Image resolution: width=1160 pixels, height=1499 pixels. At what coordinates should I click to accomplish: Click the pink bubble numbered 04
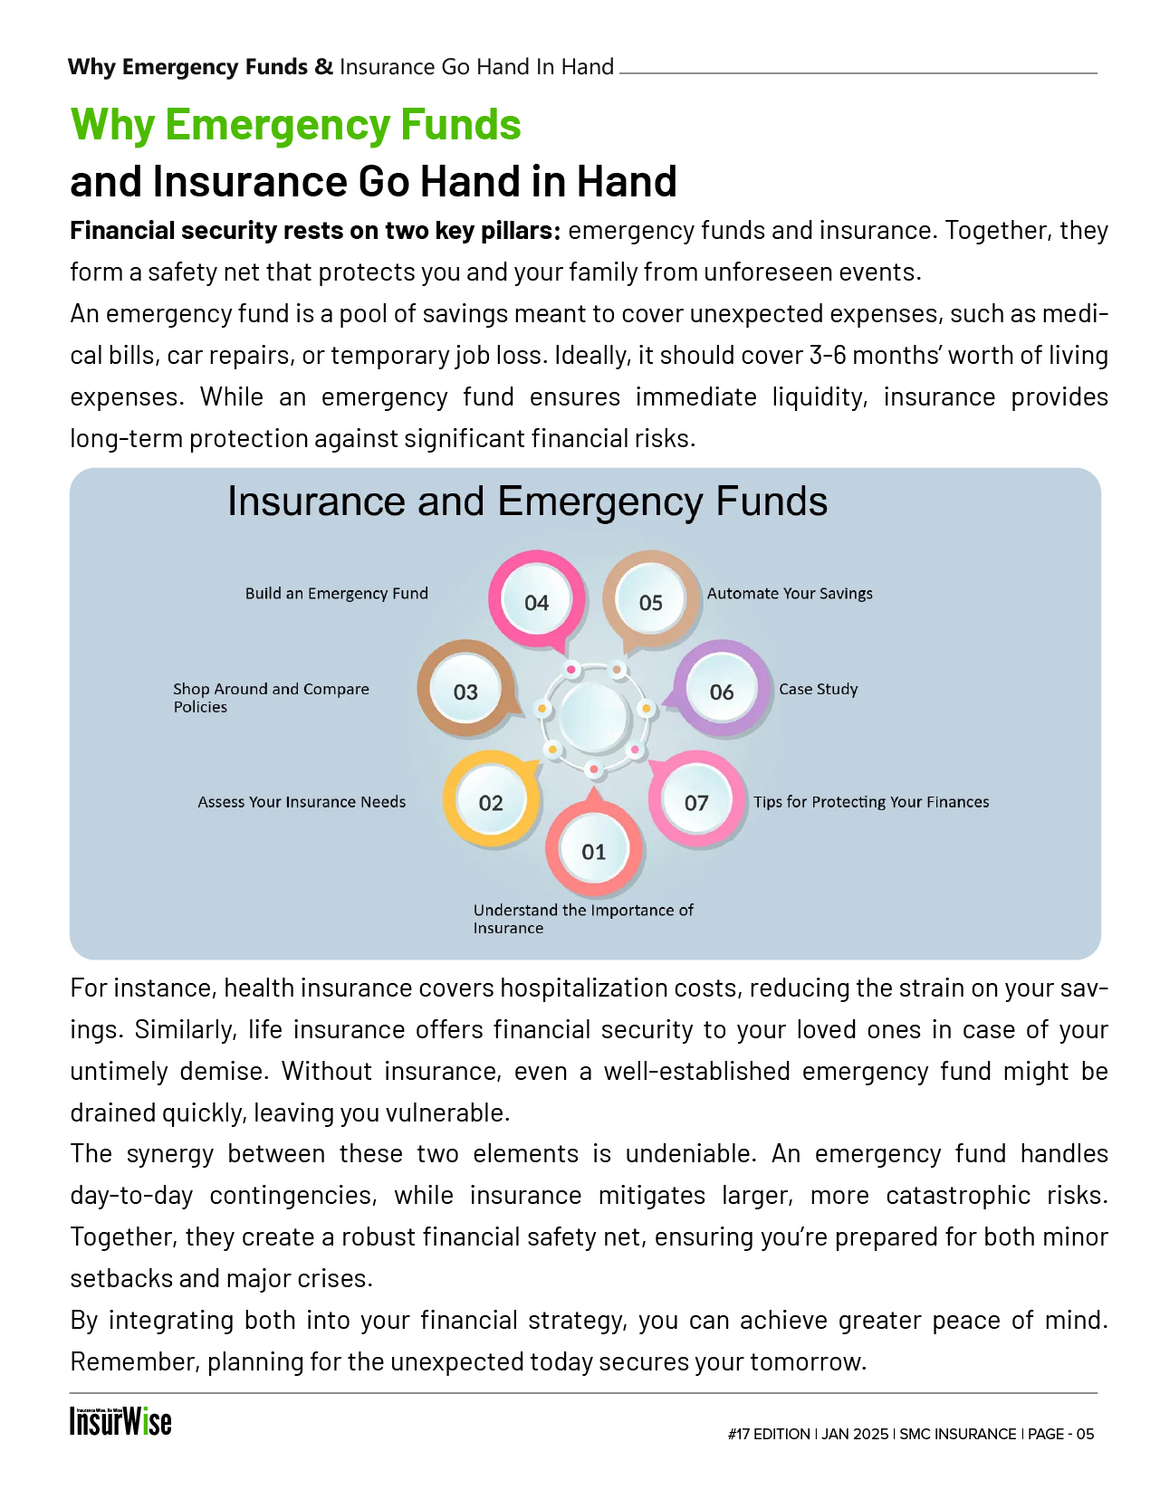coord(537,602)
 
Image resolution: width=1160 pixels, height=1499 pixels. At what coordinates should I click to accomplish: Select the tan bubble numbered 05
coord(651,602)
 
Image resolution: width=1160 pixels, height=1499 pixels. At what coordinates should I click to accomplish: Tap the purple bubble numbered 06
coord(722,692)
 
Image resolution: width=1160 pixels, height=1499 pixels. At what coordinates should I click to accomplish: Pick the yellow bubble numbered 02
coord(491,802)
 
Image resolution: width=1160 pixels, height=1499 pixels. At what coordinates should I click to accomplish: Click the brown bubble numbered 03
coord(465,692)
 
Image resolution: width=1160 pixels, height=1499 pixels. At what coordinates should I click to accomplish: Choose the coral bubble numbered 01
coord(594,851)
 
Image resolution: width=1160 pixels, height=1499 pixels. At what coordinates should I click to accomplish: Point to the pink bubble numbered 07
coord(696,802)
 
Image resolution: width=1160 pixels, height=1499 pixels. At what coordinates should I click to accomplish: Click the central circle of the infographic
coord(594,717)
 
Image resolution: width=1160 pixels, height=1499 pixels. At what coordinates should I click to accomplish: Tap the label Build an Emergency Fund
coord(336,594)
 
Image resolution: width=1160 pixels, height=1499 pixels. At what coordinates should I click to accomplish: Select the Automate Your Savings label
coord(790,594)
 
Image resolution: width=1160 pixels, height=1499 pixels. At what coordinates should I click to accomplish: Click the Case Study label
coord(818,689)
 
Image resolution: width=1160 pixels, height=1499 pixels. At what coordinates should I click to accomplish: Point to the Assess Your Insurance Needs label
coord(302,802)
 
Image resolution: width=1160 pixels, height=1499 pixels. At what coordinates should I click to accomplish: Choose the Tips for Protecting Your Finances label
coord(871,802)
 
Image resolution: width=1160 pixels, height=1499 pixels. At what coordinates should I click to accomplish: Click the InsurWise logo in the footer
coord(120,1421)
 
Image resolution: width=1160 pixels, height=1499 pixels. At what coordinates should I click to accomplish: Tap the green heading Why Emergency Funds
coord(296,125)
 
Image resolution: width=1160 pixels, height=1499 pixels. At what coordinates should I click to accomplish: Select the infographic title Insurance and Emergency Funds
coord(527,501)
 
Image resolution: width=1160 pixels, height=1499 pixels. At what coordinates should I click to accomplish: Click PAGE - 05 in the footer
coord(1061,1434)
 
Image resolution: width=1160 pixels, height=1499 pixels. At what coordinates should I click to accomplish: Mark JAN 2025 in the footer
coord(855,1434)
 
